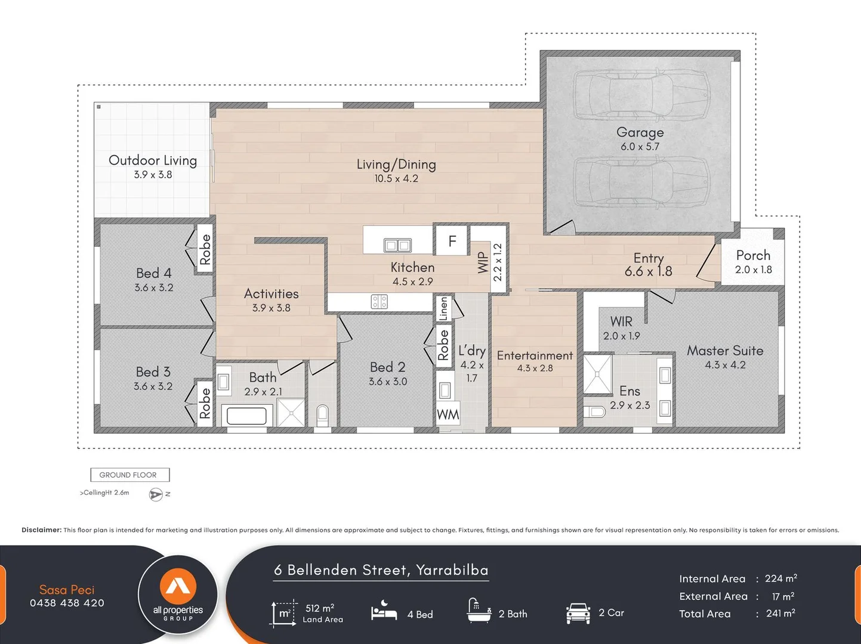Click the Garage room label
pos(640,132)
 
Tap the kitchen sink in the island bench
pos(397,245)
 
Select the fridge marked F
pos(452,241)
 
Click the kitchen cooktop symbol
pos(379,302)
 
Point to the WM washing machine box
pos(448,414)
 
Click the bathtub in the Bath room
pos(247,416)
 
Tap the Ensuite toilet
pos(594,411)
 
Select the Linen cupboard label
pos(444,309)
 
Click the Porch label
pos(753,256)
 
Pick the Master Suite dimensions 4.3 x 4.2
pos(725,365)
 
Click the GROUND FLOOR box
pos(130,475)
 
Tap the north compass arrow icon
pos(156,494)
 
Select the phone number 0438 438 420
pos(67,603)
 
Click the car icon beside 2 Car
pos(578,613)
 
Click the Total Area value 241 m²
pos(780,613)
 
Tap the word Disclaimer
pos(42,530)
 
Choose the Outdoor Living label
pos(153,160)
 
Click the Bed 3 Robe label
pos(205,403)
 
